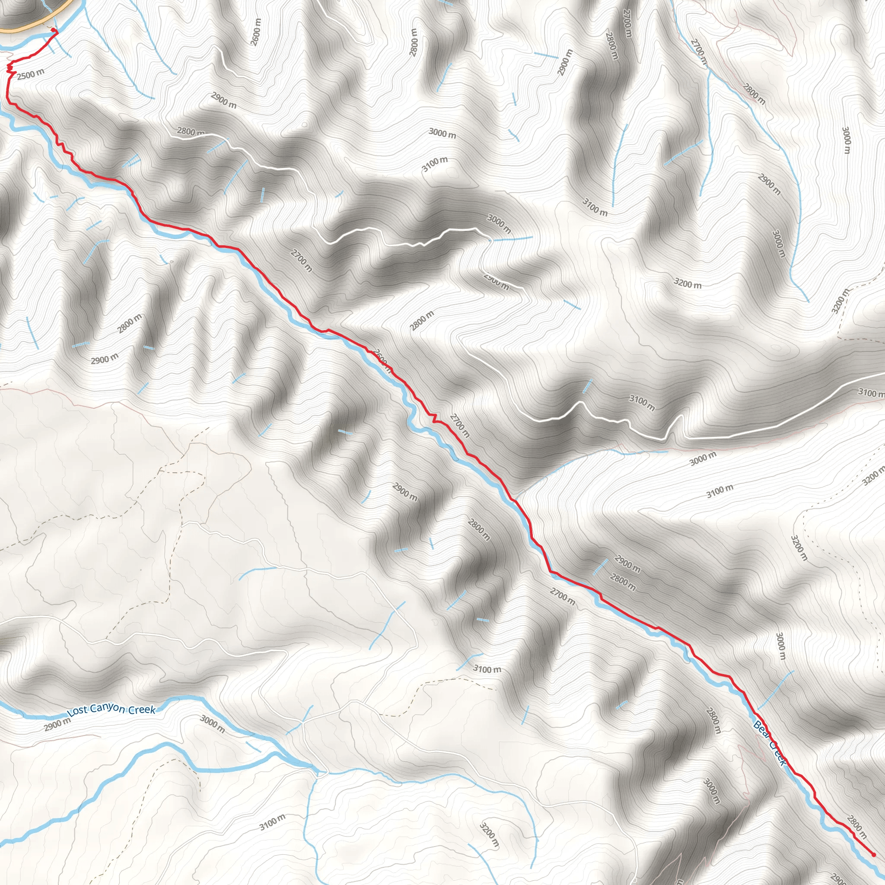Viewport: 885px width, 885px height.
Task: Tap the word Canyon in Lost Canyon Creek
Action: (x=108, y=709)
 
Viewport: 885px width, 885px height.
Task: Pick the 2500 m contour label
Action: (x=31, y=74)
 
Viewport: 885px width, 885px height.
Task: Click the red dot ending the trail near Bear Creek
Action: (x=873, y=854)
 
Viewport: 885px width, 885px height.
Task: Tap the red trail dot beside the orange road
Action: (x=53, y=30)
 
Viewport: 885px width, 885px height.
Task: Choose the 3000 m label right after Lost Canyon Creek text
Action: (x=213, y=724)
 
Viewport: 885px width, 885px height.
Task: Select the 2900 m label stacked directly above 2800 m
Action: (x=627, y=564)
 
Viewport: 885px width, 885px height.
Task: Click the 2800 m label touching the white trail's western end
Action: (x=191, y=132)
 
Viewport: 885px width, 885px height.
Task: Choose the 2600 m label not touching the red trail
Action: (x=256, y=32)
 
